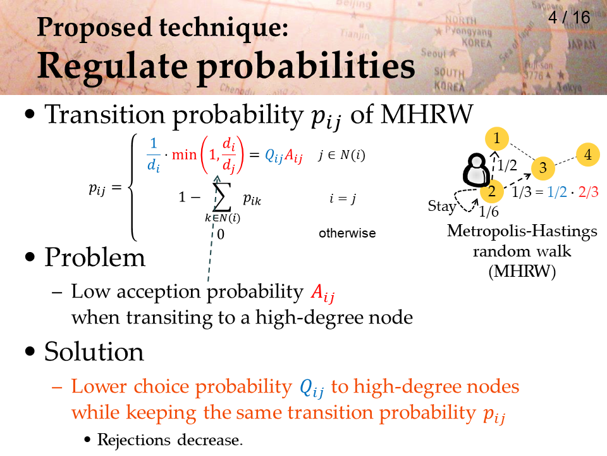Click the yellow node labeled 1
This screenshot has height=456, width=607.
click(497, 139)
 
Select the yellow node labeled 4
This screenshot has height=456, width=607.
click(587, 155)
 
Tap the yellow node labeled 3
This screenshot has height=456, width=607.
click(543, 168)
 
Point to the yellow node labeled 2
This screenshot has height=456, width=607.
click(491, 191)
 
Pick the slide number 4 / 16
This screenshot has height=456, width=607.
click(569, 18)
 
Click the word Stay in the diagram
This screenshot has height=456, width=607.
click(442, 206)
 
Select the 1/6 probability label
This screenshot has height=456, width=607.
click(489, 212)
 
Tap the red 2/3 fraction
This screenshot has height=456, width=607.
click(589, 192)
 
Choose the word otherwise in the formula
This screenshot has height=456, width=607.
click(347, 233)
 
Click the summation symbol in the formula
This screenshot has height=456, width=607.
click(222, 197)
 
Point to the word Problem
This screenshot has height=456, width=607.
click(95, 257)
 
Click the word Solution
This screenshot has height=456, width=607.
click(94, 351)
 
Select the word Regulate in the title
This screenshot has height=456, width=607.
click(113, 66)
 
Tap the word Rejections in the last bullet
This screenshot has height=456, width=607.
click(134, 440)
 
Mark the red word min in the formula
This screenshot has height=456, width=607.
click(184, 155)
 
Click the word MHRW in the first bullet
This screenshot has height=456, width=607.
click(427, 114)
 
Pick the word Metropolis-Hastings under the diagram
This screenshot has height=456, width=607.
click(522, 231)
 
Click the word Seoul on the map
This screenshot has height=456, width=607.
click(433, 53)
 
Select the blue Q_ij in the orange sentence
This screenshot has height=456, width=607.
click(312, 388)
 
